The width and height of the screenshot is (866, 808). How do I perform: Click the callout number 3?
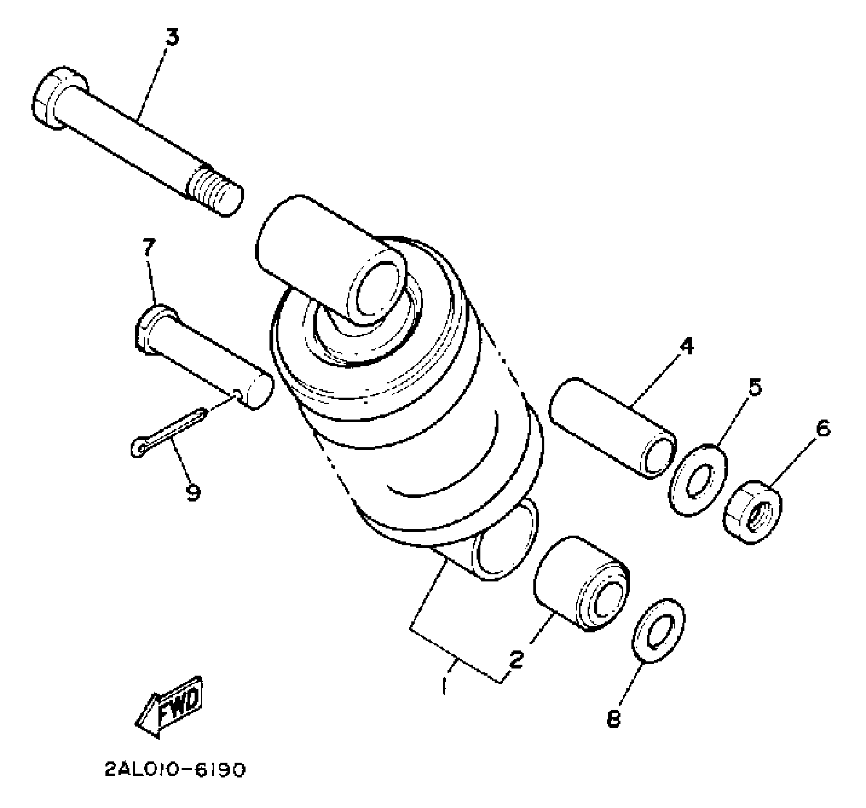(x=172, y=37)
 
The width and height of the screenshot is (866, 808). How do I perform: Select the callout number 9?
(x=192, y=493)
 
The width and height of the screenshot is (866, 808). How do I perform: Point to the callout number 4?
(x=686, y=346)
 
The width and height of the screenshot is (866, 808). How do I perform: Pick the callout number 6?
(x=823, y=428)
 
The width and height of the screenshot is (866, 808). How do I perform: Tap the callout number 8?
(x=614, y=719)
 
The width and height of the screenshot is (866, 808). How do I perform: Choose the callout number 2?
(x=516, y=659)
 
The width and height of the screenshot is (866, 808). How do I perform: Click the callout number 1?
(x=444, y=685)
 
